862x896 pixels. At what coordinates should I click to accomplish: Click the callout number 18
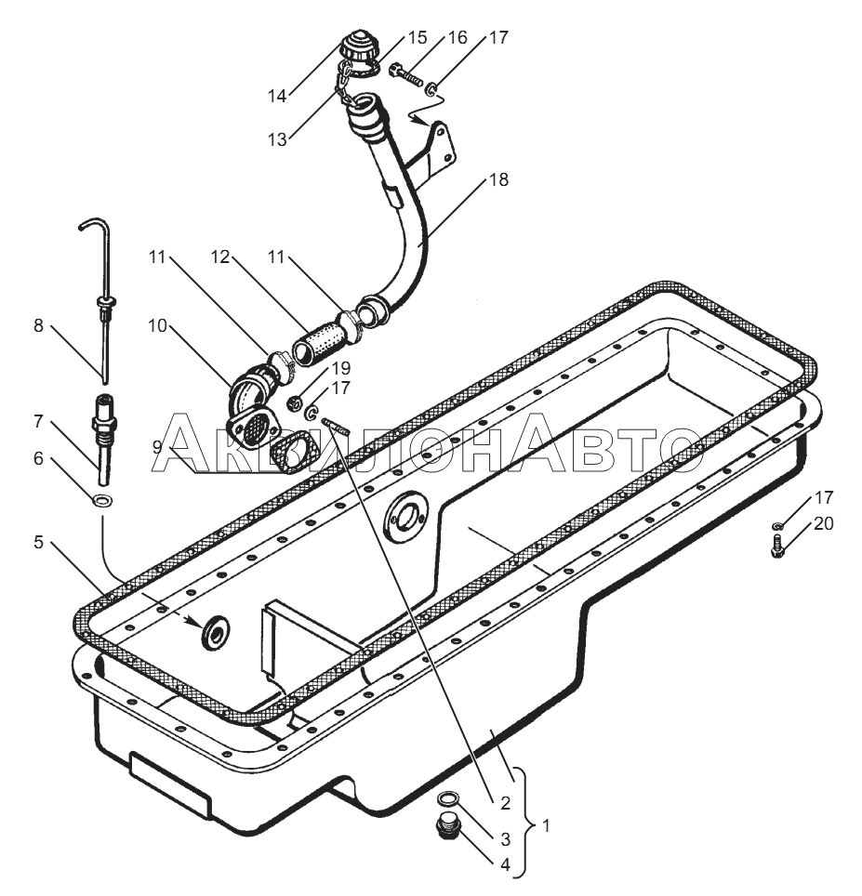pos(499,180)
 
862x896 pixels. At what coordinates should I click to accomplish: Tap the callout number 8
pos(37,326)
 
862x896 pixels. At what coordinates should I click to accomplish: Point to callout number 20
pos(823,523)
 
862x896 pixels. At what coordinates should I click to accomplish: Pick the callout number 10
pos(157,326)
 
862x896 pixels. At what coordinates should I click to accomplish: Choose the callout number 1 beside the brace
pos(546,824)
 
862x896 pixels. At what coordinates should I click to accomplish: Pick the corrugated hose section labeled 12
pos(318,343)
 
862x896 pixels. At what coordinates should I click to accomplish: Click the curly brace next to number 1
pos(523,823)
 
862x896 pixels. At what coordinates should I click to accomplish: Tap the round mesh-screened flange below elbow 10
pos(249,429)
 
